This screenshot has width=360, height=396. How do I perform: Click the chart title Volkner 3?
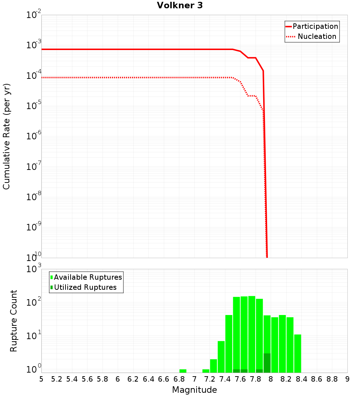[x=180, y=6]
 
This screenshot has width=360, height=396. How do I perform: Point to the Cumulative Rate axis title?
[x=6, y=136]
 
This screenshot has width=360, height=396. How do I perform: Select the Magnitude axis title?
[x=194, y=390]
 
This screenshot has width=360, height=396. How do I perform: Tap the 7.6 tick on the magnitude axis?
[x=240, y=379]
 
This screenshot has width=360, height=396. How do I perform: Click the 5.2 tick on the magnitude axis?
[x=57, y=379]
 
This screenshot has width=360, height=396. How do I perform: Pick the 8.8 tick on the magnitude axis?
[x=332, y=379]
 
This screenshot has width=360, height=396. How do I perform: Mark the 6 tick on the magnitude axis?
[x=118, y=379]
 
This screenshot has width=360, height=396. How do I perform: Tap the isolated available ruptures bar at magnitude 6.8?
[x=183, y=371]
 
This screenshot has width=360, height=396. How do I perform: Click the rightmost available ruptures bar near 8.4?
[x=297, y=354]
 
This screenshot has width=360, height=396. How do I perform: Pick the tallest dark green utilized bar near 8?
[x=267, y=363]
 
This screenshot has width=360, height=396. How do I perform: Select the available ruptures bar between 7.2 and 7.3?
[x=213, y=366]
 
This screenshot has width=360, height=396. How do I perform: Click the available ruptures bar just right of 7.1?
[x=206, y=371]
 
